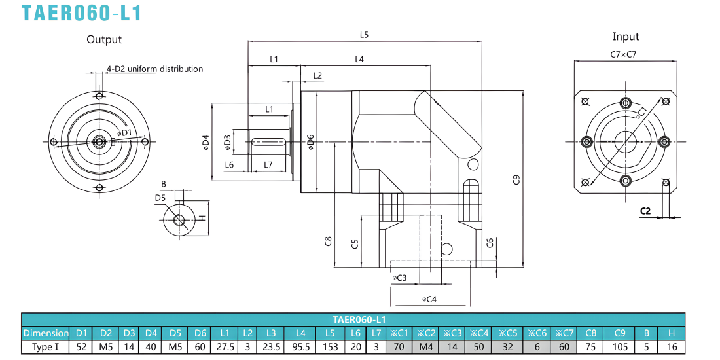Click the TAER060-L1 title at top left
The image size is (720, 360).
(x=81, y=12)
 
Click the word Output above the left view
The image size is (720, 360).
(x=104, y=39)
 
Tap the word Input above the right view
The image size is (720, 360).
(x=625, y=37)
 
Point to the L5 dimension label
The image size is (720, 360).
(x=364, y=34)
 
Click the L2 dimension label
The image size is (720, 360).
(x=317, y=75)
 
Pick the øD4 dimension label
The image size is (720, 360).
(x=206, y=142)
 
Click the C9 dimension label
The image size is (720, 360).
(x=516, y=179)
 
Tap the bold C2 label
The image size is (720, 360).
(x=645, y=211)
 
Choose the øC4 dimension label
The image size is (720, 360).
(x=429, y=299)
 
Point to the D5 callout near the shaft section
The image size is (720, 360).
(x=160, y=198)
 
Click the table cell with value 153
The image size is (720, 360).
(x=330, y=347)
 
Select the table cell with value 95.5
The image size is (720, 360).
(x=300, y=347)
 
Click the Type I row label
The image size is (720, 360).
(x=45, y=347)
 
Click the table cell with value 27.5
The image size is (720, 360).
(x=225, y=347)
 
